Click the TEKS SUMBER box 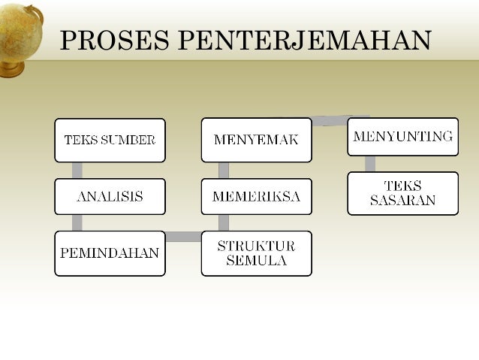coord(110,140)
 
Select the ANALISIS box coord(110,197)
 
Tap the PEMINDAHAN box coord(110,253)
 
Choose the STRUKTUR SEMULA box coord(256,253)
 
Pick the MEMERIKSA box coord(256,197)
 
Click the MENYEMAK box coord(256,140)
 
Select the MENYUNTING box coord(402,137)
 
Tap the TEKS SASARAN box coord(402,193)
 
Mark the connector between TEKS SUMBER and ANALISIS coord(77,170)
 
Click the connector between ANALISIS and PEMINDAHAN coord(77,223)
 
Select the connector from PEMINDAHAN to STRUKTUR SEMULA coord(182,237)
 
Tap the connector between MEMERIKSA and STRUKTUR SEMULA coord(224,223)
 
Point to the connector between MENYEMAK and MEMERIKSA coord(224,170)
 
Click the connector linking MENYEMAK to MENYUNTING coord(330,120)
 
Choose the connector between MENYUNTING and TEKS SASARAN coord(370,164)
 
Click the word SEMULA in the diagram coord(256,261)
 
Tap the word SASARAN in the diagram coord(402,201)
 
